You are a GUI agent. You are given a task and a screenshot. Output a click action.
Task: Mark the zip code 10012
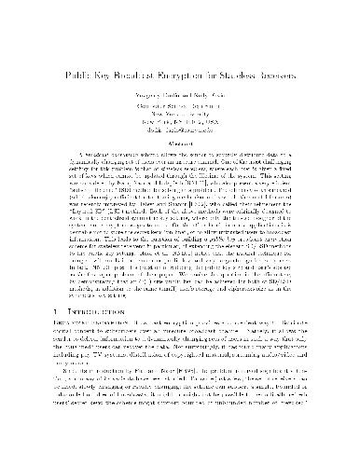(x=201, y=119)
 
